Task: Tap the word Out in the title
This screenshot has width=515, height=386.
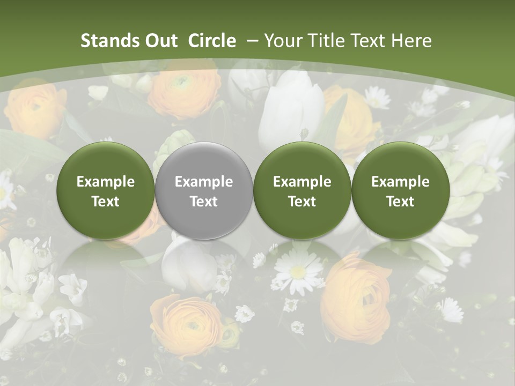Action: [159, 41]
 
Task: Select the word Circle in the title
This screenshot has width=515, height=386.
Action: [212, 41]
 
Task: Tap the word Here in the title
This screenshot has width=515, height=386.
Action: [412, 41]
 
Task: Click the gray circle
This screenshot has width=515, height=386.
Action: [203, 191]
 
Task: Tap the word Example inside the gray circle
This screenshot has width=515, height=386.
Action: [204, 182]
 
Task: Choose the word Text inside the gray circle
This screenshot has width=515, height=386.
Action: [204, 202]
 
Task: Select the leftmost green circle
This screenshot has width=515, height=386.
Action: [105, 191]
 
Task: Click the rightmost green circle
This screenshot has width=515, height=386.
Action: [400, 191]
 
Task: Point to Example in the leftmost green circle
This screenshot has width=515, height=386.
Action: [106, 182]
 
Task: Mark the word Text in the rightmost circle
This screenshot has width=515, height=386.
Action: [400, 202]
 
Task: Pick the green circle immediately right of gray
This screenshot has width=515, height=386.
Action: [302, 191]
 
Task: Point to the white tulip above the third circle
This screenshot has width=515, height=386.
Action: [292, 107]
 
